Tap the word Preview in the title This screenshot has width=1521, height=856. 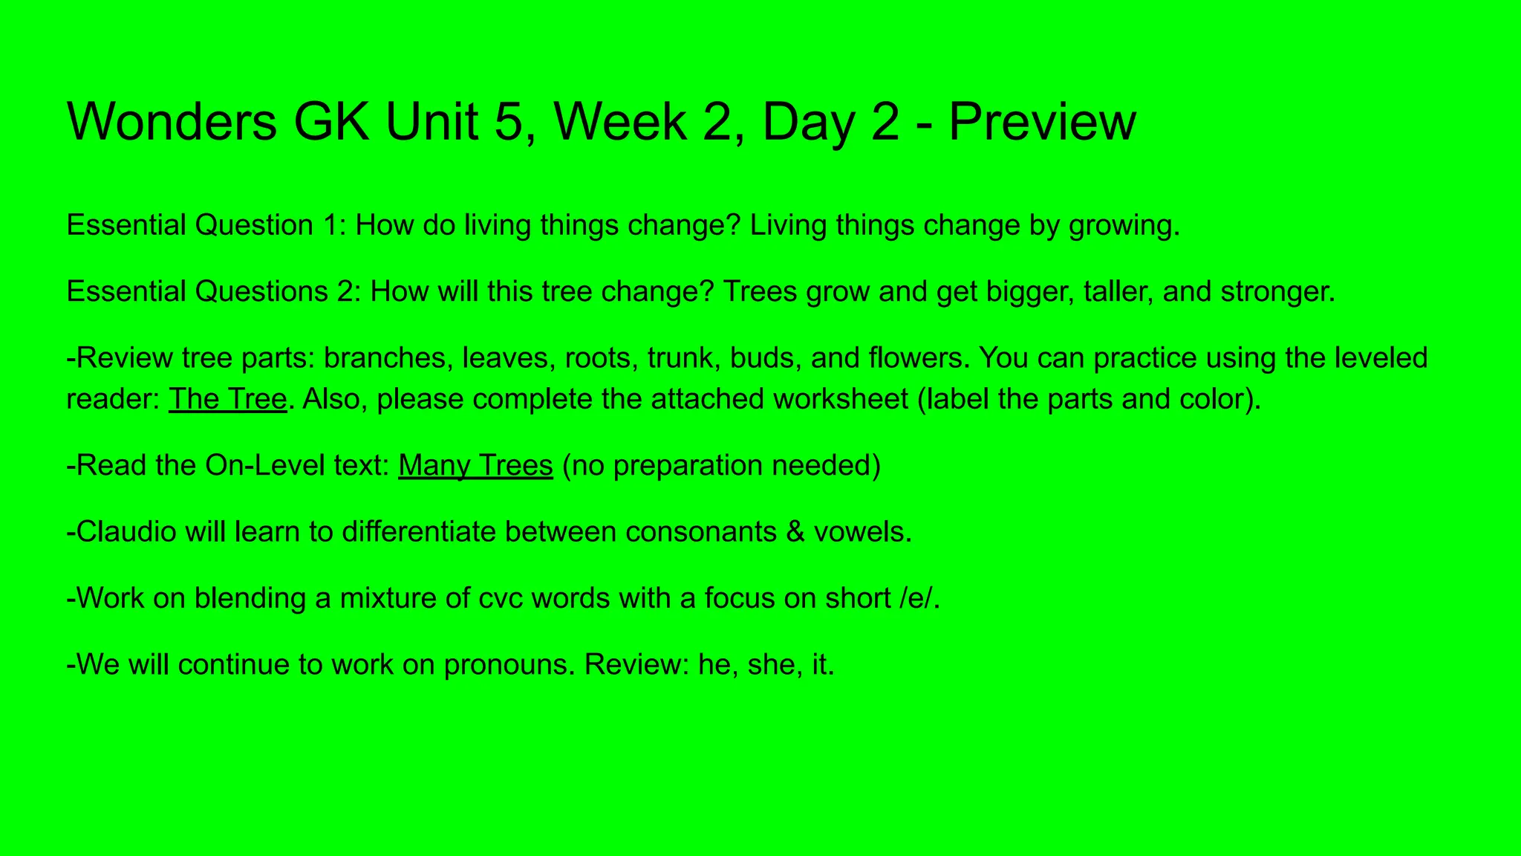click(1042, 121)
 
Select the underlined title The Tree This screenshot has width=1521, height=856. click(228, 399)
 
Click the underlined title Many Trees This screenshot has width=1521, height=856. click(475, 465)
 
